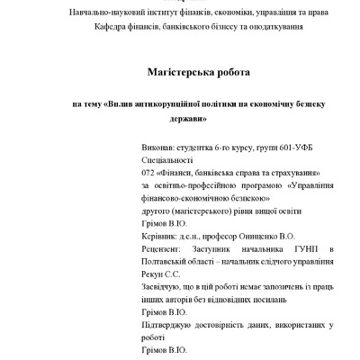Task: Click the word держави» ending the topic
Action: click(x=188, y=118)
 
